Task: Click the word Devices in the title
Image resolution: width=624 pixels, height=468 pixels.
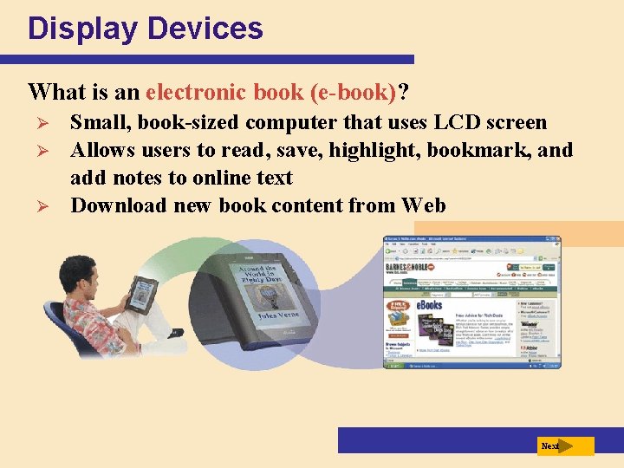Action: (205, 29)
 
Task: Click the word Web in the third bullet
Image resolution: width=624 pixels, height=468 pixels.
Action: (424, 205)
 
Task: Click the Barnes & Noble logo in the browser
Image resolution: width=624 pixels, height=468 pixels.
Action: (412, 269)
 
